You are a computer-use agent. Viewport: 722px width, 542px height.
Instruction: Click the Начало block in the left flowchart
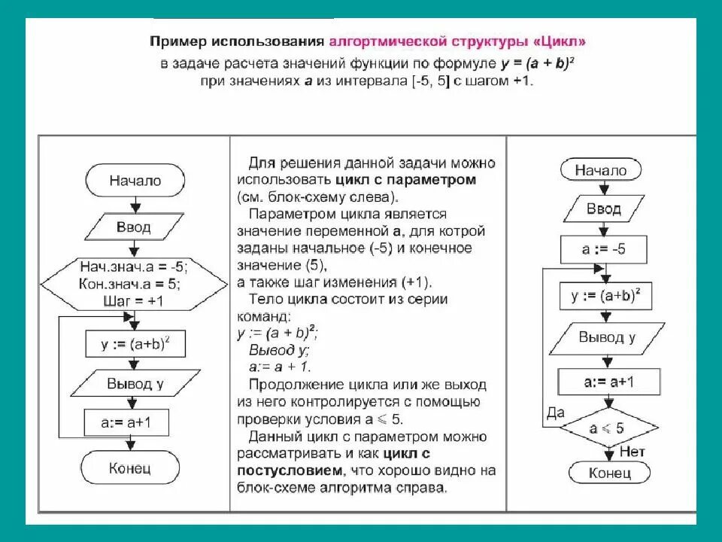(x=135, y=181)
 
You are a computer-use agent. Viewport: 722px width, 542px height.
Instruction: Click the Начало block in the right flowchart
(x=600, y=171)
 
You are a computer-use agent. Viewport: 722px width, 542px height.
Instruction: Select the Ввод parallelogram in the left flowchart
(x=133, y=227)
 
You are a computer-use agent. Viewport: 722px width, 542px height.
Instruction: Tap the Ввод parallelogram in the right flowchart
(x=603, y=209)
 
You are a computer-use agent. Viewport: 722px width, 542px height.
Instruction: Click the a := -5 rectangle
(x=603, y=249)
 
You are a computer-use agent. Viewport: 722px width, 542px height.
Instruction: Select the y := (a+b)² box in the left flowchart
(x=135, y=345)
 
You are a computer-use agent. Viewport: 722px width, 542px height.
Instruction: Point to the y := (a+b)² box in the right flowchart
(x=605, y=296)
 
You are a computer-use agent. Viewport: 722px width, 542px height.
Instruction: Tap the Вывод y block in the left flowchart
(x=135, y=384)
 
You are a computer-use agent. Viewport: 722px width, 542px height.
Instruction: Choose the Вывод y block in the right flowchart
(x=606, y=337)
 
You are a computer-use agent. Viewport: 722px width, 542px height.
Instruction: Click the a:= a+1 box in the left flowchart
(x=126, y=422)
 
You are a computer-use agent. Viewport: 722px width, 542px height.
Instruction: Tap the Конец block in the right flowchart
(x=608, y=473)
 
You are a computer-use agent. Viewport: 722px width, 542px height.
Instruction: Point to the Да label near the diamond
(x=555, y=413)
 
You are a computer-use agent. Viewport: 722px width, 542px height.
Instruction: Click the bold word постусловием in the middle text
(x=289, y=470)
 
